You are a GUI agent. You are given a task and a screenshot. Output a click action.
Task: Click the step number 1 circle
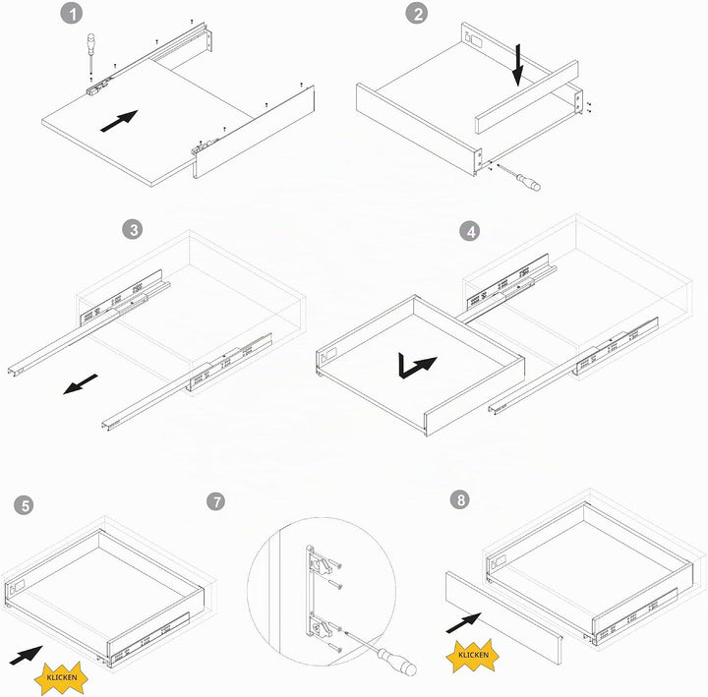coord(72,14)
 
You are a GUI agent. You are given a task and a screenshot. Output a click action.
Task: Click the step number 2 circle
coord(416,14)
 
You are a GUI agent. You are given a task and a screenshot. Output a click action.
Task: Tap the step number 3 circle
coord(133,230)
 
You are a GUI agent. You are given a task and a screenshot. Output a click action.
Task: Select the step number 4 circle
coord(470,231)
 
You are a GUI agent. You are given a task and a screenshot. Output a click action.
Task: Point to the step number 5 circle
coord(24,505)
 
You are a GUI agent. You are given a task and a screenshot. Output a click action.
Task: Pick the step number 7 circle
coord(215,501)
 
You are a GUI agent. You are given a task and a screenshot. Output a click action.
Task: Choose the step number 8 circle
coord(460,499)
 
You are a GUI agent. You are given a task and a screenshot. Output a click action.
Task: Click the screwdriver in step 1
coord(90,53)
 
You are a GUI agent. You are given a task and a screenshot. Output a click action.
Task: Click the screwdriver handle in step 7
coord(397,661)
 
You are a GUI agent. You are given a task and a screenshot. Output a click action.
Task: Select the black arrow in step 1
coord(119,121)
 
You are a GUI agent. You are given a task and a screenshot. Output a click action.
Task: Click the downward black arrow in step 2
coord(518,65)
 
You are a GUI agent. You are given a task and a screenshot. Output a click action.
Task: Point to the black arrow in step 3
coord(81,383)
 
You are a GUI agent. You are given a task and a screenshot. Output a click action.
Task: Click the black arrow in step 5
coord(26,655)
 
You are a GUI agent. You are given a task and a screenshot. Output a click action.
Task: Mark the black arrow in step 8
coord(464,622)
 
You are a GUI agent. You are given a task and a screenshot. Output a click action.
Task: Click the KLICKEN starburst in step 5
coord(61,677)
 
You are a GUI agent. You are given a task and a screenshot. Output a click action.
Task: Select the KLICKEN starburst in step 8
coord(473,655)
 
